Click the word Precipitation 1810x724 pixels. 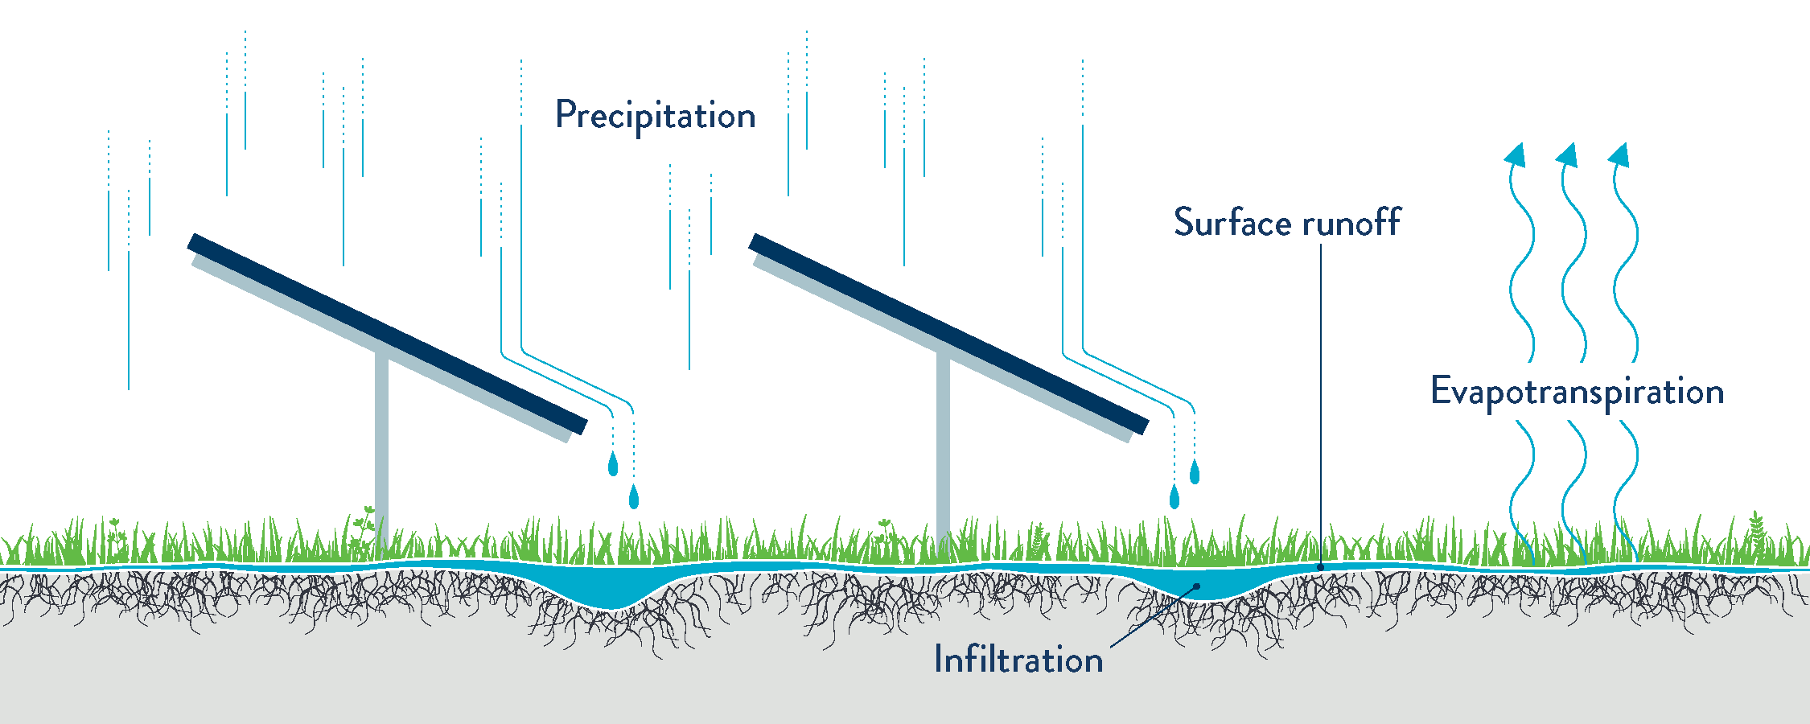[x=655, y=116]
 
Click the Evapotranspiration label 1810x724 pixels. [x=1577, y=392]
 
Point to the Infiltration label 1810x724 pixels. [x=1018, y=659]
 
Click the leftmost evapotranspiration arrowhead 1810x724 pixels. [x=1516, y=154]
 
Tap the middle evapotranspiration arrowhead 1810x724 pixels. [x=1568, y=154]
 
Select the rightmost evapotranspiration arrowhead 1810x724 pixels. [x=1620, y=154]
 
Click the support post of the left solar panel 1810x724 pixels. [x=382, y=450]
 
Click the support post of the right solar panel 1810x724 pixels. [x=943, y=450]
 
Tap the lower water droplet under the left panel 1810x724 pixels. [x=634, y=497]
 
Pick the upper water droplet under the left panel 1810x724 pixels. [x=613, y=464]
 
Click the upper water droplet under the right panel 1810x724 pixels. [x=1195, y=472]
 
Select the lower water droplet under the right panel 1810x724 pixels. [x=1174, y=497]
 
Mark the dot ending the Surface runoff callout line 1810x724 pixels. [x=1320, y=567]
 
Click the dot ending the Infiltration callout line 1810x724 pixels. [x=1197, y=586]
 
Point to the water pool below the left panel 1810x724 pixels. [x=611, y=591]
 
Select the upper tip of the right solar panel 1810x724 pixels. [x=755, y=241]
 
